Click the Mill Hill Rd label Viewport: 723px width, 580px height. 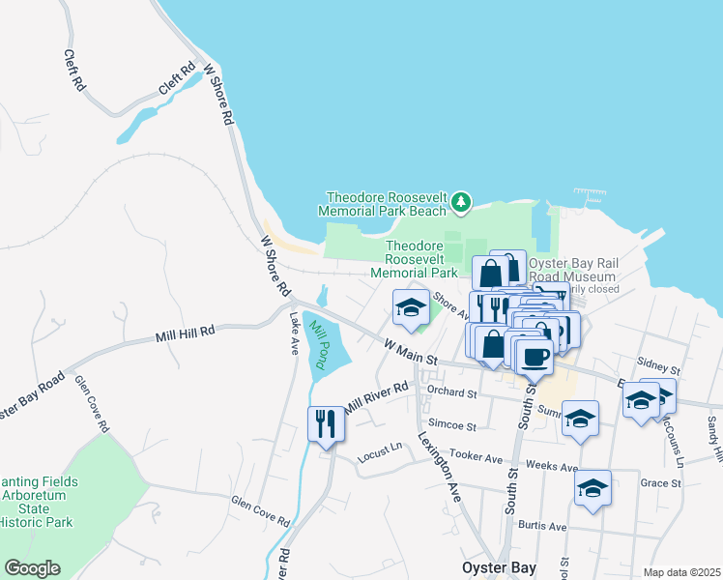[186, 334]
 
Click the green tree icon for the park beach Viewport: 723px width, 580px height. [462, 202]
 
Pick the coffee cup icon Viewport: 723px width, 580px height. [535, 356]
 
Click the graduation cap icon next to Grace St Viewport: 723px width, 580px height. [593, 487]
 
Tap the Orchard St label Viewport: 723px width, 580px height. [452, 393]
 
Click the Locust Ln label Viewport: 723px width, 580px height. [380, 449]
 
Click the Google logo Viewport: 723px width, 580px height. [31, 568]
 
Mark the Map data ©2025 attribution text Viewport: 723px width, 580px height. [681, 572]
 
